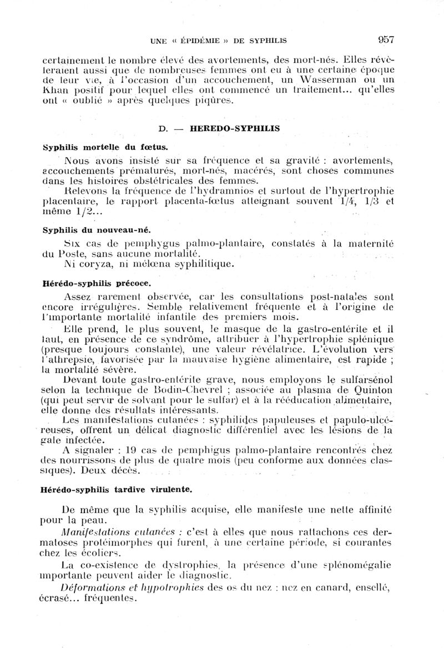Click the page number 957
pyautogui.click(x=385, y=39)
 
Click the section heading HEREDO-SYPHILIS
pyautogui.click(x=234, y=128)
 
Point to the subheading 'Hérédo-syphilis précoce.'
pyautogui.click(x=97, y=283)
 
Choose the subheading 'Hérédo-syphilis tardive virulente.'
pyautogui.click(x=117, y=490)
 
